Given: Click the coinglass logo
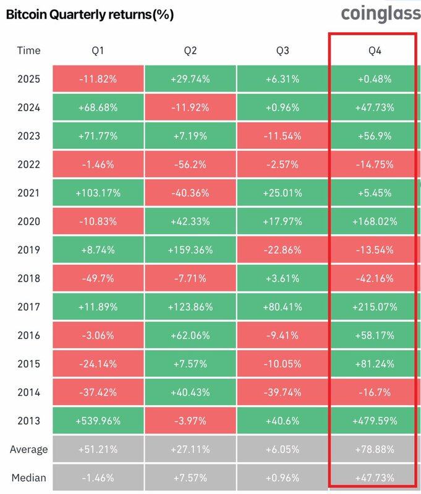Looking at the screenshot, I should pyautogui.click(x=378, y=13).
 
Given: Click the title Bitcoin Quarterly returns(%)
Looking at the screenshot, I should pyautogui.click(x=89, y=15).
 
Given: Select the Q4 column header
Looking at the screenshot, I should pyautogui.click(x=374, y=50).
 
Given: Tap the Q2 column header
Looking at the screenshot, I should pyautogui.click(x=190, y=50).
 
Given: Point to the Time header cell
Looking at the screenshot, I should pyautogui.click(x=28, y=50).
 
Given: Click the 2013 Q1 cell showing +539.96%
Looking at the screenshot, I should pyautogui.click(x=98, y=421).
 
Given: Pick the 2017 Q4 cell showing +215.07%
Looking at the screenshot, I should pyautogui.click(x=374, y=307).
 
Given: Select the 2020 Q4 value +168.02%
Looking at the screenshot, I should pyautogui.click(x=374, y=222).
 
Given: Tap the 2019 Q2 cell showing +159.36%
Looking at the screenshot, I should pyautogui.click(x=190, y=250).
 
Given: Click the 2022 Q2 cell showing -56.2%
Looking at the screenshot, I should pyautogui.click(x=190, y=164).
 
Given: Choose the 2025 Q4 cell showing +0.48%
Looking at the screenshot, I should pyautogui.click(x=374, y=79).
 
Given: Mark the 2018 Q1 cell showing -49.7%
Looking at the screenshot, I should pyautogui.click(x=98, y=278).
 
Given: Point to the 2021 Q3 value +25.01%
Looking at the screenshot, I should pyautogui.click(x=282, y=193).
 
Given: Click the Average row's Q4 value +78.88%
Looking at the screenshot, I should pyautogui.click(x=374, y=450).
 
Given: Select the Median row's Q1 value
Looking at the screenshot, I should pyautogui.click(x=98, y=478).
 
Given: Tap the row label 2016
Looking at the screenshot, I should pyautogui.click(x=28, y=335).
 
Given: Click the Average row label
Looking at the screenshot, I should pyautogui.click(x=28, y=450).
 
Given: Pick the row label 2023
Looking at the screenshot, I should pyautogui.click(x=28, y=136).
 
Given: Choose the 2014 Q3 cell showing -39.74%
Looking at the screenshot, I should pyautogui.click(x=282, y=392).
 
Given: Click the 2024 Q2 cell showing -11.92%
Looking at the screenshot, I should pyautogui.click(x=190, y=107).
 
